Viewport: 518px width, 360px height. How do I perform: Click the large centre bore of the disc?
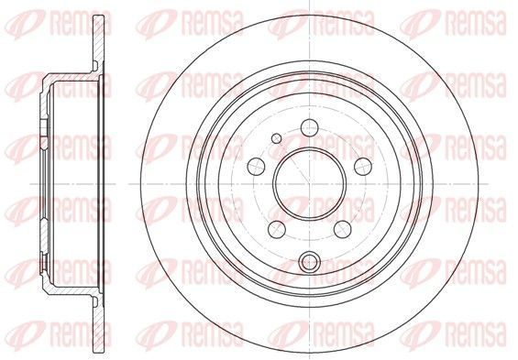pyautogui.click(x=309, y=184)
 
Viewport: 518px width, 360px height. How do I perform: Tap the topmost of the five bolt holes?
pyautogui.click(x=310, y=127)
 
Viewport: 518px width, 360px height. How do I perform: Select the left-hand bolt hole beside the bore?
pyautogui.click(x=256, y=167)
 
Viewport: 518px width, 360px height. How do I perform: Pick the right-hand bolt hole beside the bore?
pyautogui.click(x=363, y=167)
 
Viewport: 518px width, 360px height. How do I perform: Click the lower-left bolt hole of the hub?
pyautogui.click(x=277, y=229)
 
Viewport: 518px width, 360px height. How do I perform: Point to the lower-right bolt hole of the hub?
pyautogui.click(x=343, y=229)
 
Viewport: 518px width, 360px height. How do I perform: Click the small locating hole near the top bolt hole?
pyautogui.click(x=277, y=138)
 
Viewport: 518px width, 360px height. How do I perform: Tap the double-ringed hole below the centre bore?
pyautogui.click(x=310, y=261)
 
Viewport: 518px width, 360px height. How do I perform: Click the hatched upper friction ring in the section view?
pyautogui.click(x=98, y=43)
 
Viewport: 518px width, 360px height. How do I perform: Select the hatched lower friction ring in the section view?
pyautogui.click(x=98, y=324)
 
